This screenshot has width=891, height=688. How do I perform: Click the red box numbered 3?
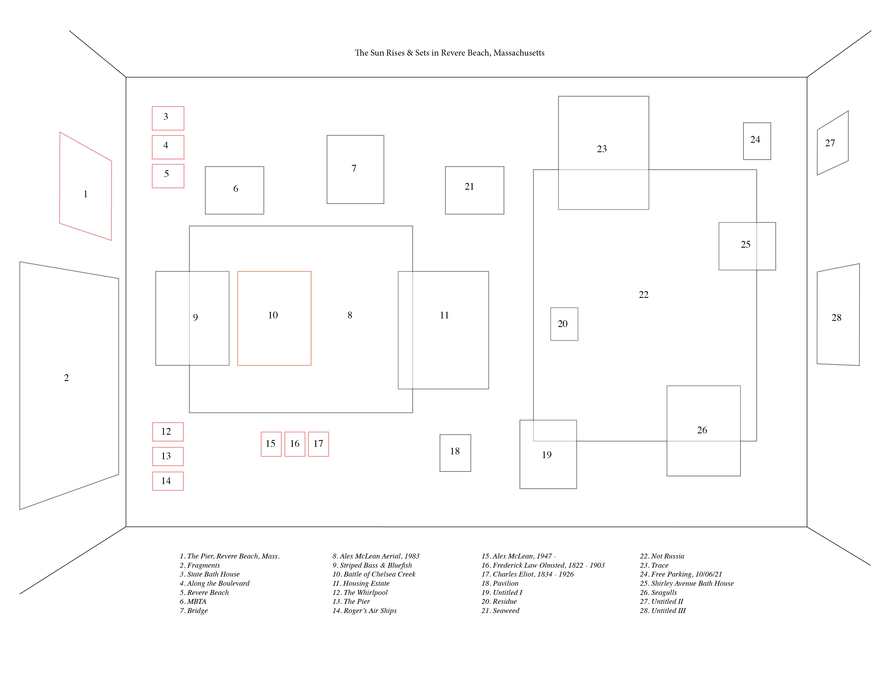click(x=168, y=118)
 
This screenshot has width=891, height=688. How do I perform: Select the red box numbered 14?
click(x=168, y=481)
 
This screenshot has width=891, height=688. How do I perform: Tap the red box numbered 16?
click(x=295, y=444)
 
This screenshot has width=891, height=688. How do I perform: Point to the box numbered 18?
click(x=455, y=453)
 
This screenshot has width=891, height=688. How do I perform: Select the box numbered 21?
click(x=474, y=190)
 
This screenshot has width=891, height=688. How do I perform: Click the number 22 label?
click(x=643, y=295)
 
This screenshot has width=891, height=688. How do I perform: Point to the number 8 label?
click(x=350, y=315)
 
